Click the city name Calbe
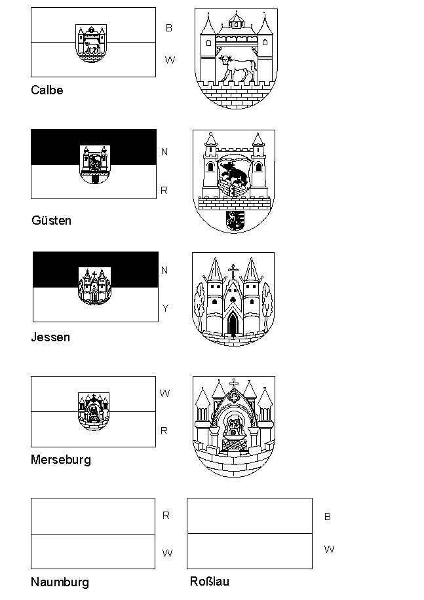point(47,90)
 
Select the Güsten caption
point(51,220)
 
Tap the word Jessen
point(50,337)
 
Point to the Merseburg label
point(61,460)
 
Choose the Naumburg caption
point(60,582)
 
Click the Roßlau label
point(210,581)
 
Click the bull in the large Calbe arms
point(237,68)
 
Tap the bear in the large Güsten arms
point(233,172)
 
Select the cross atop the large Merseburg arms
point(234,383)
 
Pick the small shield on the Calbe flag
point(91,43)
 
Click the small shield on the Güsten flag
point(95,164)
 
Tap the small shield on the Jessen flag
point(94,286)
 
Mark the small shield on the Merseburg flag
point(93,411)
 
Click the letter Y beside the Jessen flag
point(165,308)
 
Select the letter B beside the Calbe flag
point(169,28)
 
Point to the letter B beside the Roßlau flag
point(328,517)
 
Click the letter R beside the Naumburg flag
point(166,516)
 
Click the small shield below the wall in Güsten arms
point(235,221)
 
